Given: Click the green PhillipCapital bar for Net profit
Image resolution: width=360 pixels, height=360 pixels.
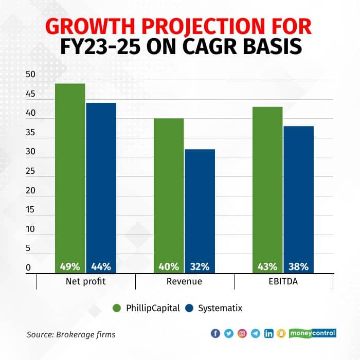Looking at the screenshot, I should pos(70,175).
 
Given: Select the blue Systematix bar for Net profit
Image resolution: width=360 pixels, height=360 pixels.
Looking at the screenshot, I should pos(101,185).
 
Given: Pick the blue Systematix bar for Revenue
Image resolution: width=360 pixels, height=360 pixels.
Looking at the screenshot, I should pos(200,208).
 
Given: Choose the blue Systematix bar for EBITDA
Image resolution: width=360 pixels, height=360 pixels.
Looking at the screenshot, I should pos(299,198).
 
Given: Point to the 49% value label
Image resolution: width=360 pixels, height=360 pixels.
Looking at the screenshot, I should pos(70,266).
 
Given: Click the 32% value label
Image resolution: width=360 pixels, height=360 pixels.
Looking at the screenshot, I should pos(200,266).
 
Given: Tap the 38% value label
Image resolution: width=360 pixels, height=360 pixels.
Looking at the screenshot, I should pos(299,266).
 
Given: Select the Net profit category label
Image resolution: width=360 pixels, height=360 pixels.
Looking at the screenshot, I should pos(86,282).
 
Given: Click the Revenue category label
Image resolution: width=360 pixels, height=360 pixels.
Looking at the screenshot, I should pos(185,282).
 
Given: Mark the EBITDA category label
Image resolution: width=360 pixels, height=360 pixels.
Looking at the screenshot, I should pos(283,282).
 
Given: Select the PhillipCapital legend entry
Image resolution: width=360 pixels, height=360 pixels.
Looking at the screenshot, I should pos(147,308).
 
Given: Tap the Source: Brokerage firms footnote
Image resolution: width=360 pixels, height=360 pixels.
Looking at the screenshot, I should pos(71,334).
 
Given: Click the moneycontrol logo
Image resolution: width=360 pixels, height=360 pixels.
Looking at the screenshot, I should pos(313,333).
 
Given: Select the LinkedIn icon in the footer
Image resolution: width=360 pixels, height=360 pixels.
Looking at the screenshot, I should pos(268,333).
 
